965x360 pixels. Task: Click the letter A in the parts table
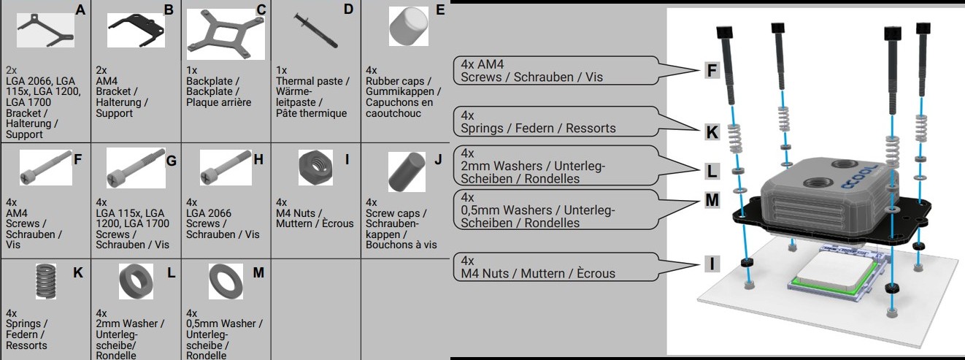pyautogui.click(x=80, y=9)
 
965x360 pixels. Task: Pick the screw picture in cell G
pyautogui.click(x=135, y=170)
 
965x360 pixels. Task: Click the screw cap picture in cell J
pyautogui.click(x=402, y=171)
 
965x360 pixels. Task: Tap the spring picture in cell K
pyautogui.click(x=46, y=281)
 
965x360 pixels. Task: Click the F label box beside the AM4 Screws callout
pyautogui.click(x=712, y=71)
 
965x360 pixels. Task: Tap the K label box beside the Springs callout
pyautogui.click(x=712, y=132)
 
